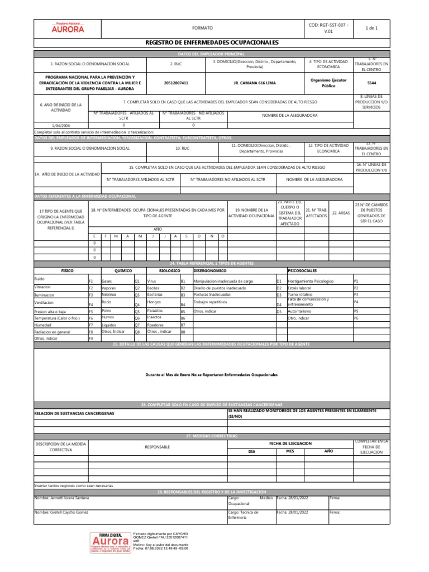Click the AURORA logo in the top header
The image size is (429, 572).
pyautogui.click(x=68, y=27)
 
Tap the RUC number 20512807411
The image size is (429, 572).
pyautogui.click(x=176, y=83)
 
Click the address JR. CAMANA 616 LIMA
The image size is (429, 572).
pyautogui.click(x=254, y=83)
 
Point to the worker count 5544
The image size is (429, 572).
pyautogui.click(x=371, y=83)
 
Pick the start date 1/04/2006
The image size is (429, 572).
pyautogui.click(x=61, y=126)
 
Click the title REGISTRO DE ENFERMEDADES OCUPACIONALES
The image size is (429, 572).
pyautogui.click(x=211, y=42)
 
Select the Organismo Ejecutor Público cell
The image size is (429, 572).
pyautogui.click(x=328, y=83)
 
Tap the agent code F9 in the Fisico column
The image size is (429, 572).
pyautogui.click(x=91, y=339)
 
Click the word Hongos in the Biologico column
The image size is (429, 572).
pyautogui.click(x=154, y=302)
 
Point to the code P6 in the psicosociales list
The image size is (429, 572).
pyautogui.click(x=356, y=318)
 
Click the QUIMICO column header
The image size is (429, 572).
pyautogui.click(x=123, y=270)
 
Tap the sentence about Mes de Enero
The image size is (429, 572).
pyautogui.click(x=211, y=374)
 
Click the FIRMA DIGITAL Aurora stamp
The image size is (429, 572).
pyautogui.click(x=111, y=547)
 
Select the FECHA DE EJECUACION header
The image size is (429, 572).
pyautogui.click(x=290, y=442)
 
